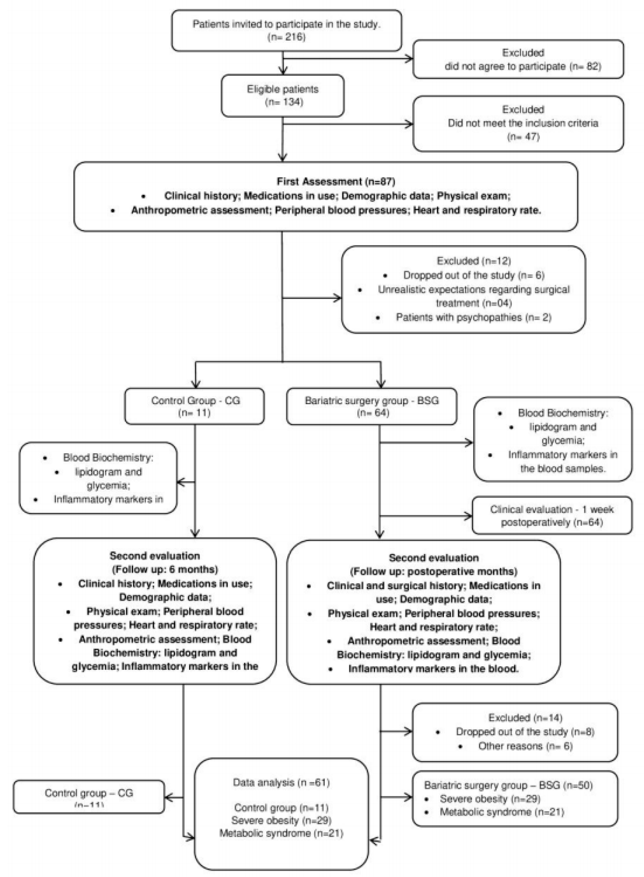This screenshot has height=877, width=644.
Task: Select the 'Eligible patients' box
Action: coord(283,96)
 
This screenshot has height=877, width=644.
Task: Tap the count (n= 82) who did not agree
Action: coord(586,66)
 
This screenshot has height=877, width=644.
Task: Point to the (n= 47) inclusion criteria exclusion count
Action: coord(523,137)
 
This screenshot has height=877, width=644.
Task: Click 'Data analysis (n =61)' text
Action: coord(281,782)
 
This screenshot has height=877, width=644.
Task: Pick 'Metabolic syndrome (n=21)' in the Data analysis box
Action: coord(281,833)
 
